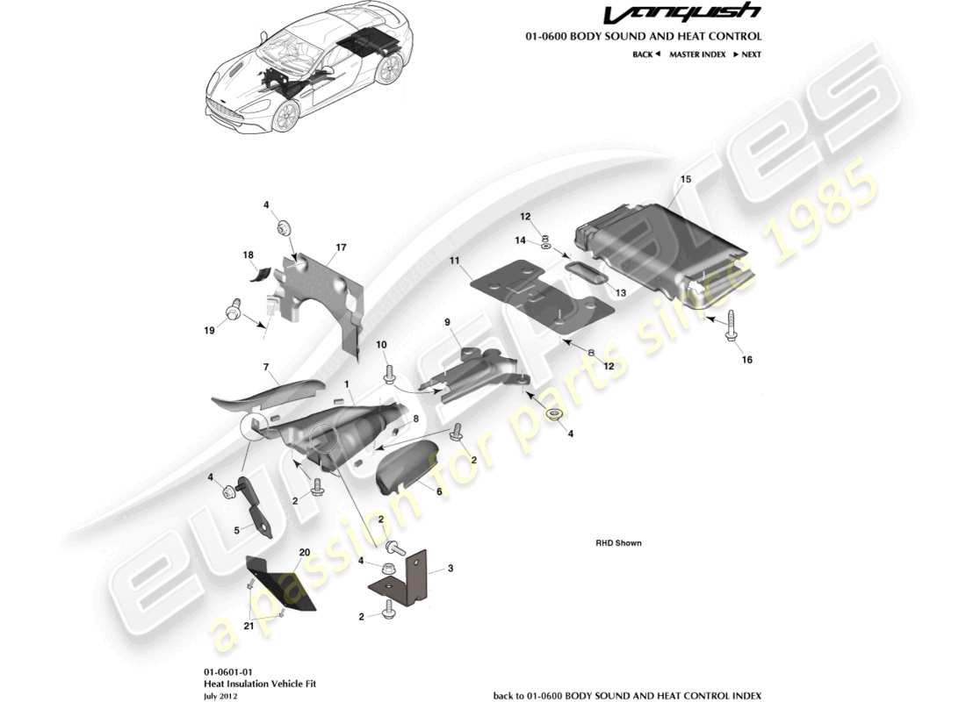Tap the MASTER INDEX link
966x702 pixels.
(697, 54)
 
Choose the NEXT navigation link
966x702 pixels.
(746, 54)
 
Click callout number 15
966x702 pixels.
(686, 179)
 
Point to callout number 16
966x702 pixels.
(746, 359)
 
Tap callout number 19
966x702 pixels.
(210, 331)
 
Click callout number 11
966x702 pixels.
(455, 261)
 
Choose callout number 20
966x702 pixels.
(305, 553)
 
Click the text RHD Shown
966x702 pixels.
(618, 543)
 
